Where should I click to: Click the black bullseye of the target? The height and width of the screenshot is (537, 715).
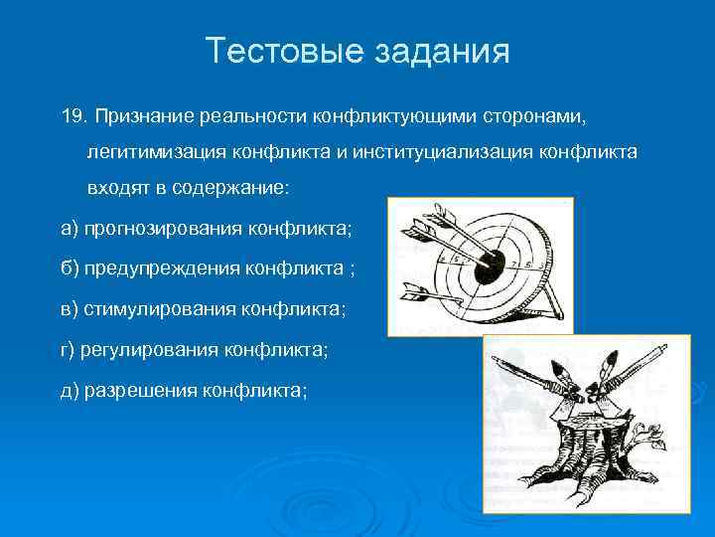pos(489,264)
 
